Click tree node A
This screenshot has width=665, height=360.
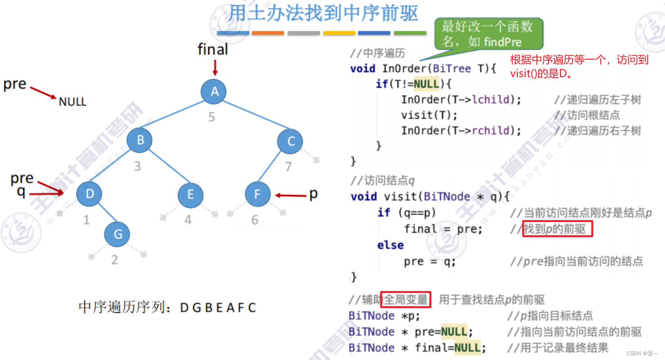[x=213, y=92]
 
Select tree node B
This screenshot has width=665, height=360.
[x=140, y=140]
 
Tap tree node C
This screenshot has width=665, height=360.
[x=290, y=141]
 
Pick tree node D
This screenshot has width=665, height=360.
[x=89, y=194]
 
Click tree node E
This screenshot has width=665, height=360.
[x=190, y=194]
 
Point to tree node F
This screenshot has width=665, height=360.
[x=257, y=194]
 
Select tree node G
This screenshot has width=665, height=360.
[x=117, y=234]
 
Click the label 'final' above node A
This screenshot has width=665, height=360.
[x=213, y=49]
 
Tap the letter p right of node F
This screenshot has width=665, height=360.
[x=313, y=193]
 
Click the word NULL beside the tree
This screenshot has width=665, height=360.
[x=72, y=102]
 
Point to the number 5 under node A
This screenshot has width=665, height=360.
[x=212, y=117]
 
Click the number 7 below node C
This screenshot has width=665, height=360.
[x=288, y=167]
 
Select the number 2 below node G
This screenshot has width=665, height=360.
[x=115, y=260]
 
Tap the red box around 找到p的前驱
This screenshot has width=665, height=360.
[x=557, y=229]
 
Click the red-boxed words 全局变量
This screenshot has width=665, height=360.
[x=406, y=299]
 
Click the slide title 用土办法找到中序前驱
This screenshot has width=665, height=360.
[x=323, y=13]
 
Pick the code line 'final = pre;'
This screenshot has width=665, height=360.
[x=443, y=229]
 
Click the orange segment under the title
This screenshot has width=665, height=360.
[x=268, y=33]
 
